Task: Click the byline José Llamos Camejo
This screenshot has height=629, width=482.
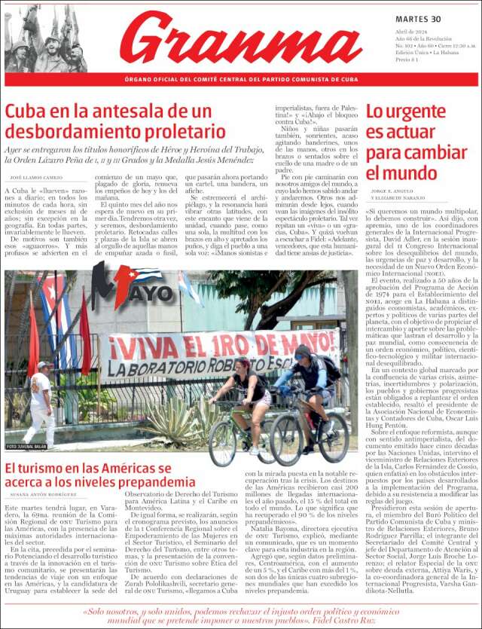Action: coord(36,177)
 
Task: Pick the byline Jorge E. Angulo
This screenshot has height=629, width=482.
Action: coord(392,192)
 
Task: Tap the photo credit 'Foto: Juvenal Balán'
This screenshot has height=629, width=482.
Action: coord(26,447)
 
